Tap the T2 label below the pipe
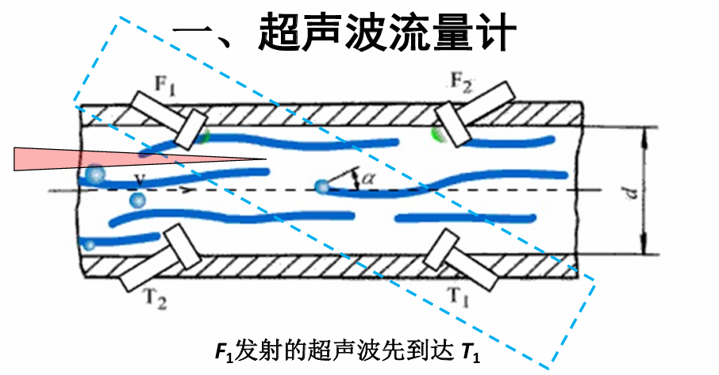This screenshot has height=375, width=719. (155, 300)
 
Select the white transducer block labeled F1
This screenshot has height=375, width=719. (168, 118)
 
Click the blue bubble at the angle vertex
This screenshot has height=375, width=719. (321, 187)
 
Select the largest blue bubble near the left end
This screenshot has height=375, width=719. (96, 174)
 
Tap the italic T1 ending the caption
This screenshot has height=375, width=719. (471, 350)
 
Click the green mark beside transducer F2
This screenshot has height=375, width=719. (436, 133)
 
